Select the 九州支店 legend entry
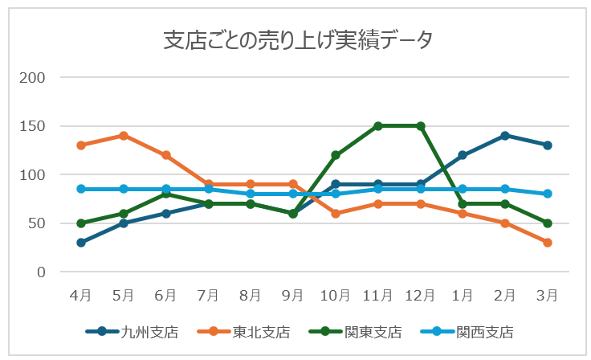point(149,331)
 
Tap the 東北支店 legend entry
point(261,331)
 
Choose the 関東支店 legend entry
point(373,331)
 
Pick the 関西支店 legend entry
point(484,331)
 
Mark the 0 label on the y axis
point(41,272)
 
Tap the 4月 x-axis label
point(80,296)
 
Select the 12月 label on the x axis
point(420,296)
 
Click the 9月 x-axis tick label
point(293,296)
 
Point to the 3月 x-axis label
point(548,296)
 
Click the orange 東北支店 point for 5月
point(123,136)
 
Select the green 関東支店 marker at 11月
point(378,126)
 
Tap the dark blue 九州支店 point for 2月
point(505,136)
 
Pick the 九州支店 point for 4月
point(80,243)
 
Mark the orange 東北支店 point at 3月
point(548,243)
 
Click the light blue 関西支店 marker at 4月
point(80,189)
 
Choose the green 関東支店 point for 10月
point(336,155)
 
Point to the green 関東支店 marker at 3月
point(548,223)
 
